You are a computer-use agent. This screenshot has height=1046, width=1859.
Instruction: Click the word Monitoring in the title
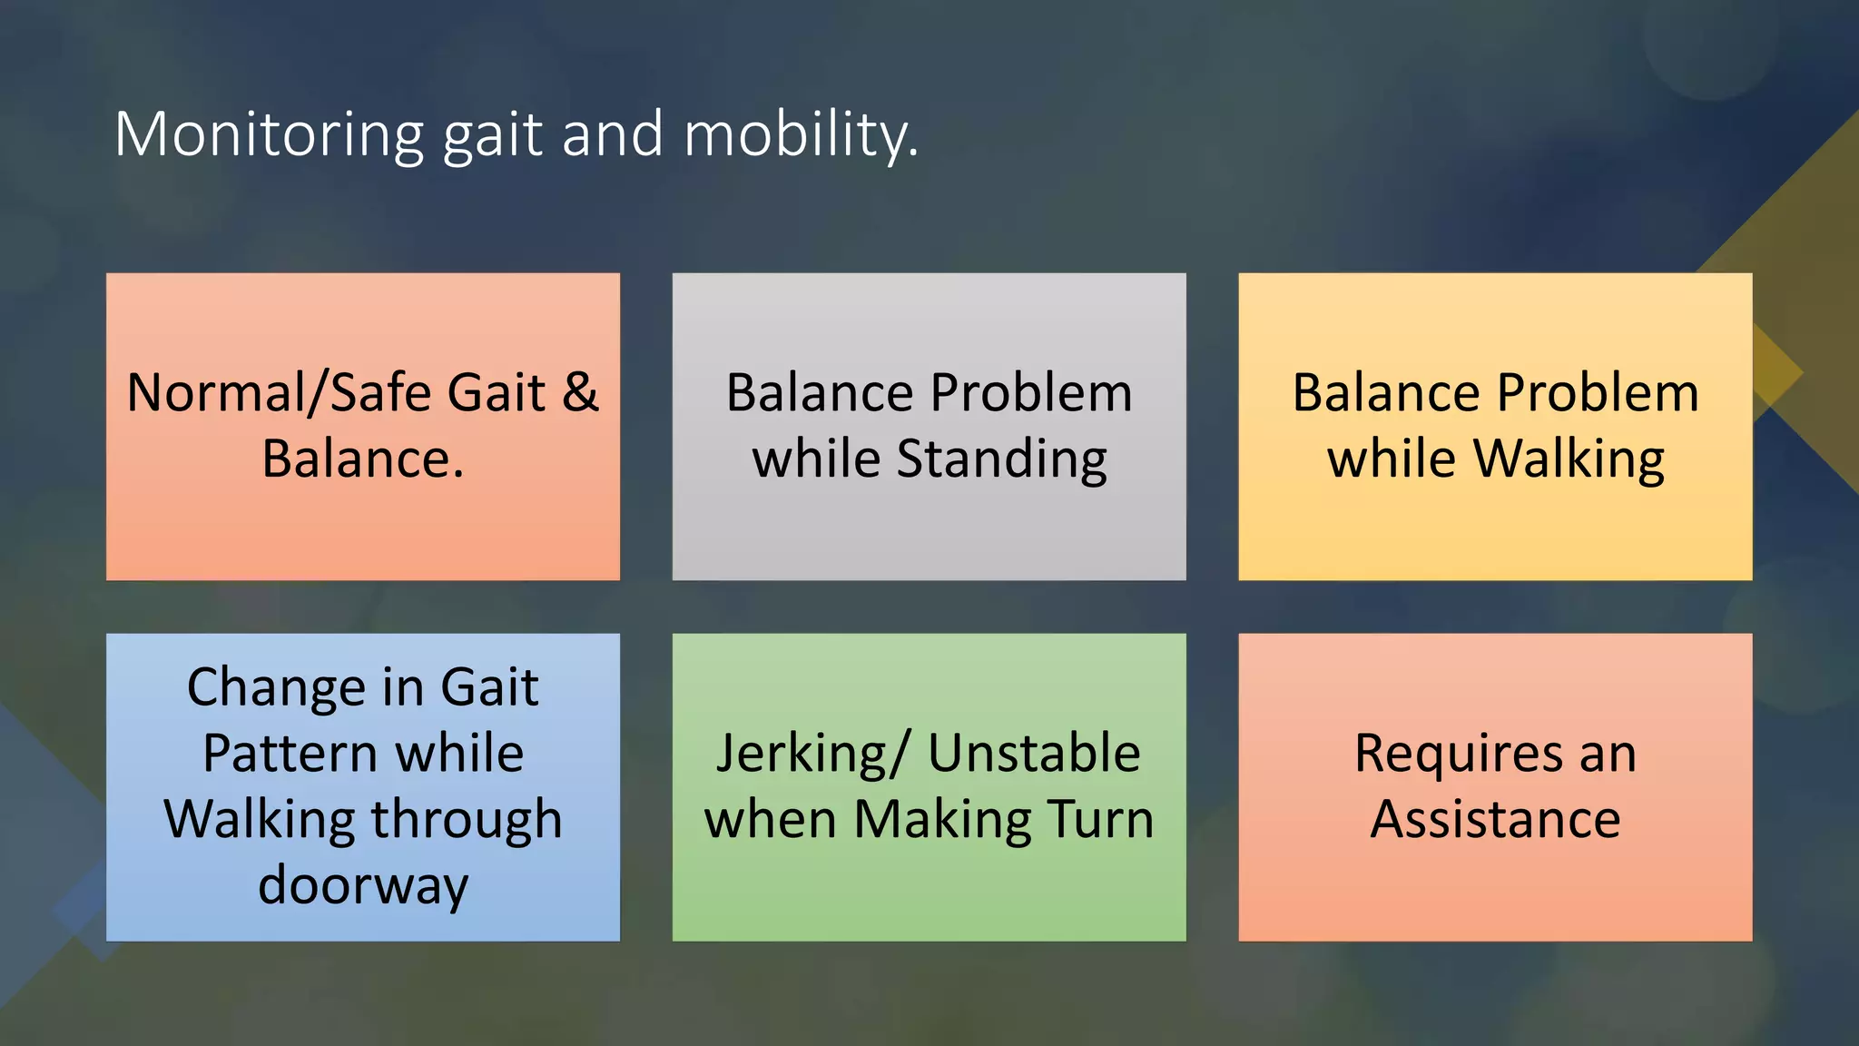pos(269,134)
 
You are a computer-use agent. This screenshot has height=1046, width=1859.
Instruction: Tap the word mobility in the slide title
pos(801,134)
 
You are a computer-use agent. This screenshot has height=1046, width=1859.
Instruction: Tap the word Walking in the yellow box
pos(1569,459)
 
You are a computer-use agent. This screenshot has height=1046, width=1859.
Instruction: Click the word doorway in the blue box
pos(363,885)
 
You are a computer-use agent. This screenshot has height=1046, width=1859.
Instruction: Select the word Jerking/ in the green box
pos(811,755)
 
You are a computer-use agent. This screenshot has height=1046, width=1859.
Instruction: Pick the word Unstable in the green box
pos(1033,753)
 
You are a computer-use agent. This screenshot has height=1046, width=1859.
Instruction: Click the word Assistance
pos(1495,819)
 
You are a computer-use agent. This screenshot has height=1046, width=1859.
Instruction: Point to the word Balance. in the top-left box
pos(363,459)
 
